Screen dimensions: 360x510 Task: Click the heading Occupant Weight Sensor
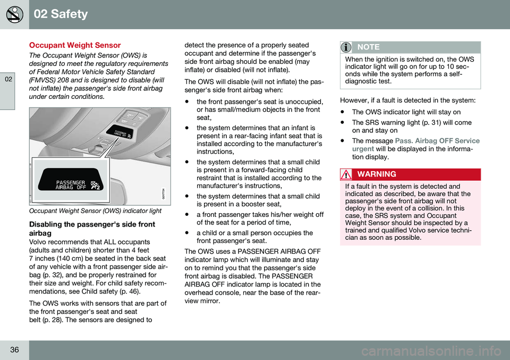[x=75, y=46]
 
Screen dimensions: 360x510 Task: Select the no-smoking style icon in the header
[x=14, y=14]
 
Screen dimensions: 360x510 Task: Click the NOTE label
[x=369, y=47]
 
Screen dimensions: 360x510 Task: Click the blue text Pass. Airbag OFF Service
[x=437, y=141]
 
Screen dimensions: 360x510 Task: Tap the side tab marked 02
[x=7, y=79]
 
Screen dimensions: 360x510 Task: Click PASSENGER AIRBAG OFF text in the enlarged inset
[x=71, y=185]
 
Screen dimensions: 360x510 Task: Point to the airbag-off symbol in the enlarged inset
[x=96, y=184]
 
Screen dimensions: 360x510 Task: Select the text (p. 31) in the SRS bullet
[x=420, y=122]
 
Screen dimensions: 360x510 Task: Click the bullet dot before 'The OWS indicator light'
[x=340, y=112]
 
